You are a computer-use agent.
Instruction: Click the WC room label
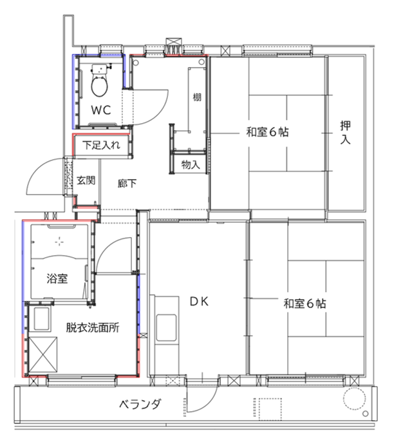[100, 110]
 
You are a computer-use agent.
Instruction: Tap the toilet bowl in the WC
[99, 86]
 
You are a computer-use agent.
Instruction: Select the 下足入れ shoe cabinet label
[101, 145]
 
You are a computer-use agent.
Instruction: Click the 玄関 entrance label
[86, 180]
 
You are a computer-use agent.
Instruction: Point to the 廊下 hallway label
[127, 184]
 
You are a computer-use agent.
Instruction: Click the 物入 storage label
[191, 164]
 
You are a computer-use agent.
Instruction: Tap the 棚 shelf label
[197, 97]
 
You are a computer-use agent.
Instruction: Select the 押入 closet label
[345, 132]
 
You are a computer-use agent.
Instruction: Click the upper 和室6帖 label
[267, 132]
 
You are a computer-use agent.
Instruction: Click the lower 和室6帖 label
[305, 304]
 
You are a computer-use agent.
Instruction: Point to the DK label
[199, 302]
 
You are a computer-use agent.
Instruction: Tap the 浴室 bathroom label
[57, 278]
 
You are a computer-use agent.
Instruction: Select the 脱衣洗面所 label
[93, 327]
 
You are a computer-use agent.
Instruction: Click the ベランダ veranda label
[140, 404]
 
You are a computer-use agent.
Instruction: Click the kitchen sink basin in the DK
[167, 327]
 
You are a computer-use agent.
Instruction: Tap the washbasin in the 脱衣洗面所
[41, 318]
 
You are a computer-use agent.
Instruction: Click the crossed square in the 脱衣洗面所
[43, 354]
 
